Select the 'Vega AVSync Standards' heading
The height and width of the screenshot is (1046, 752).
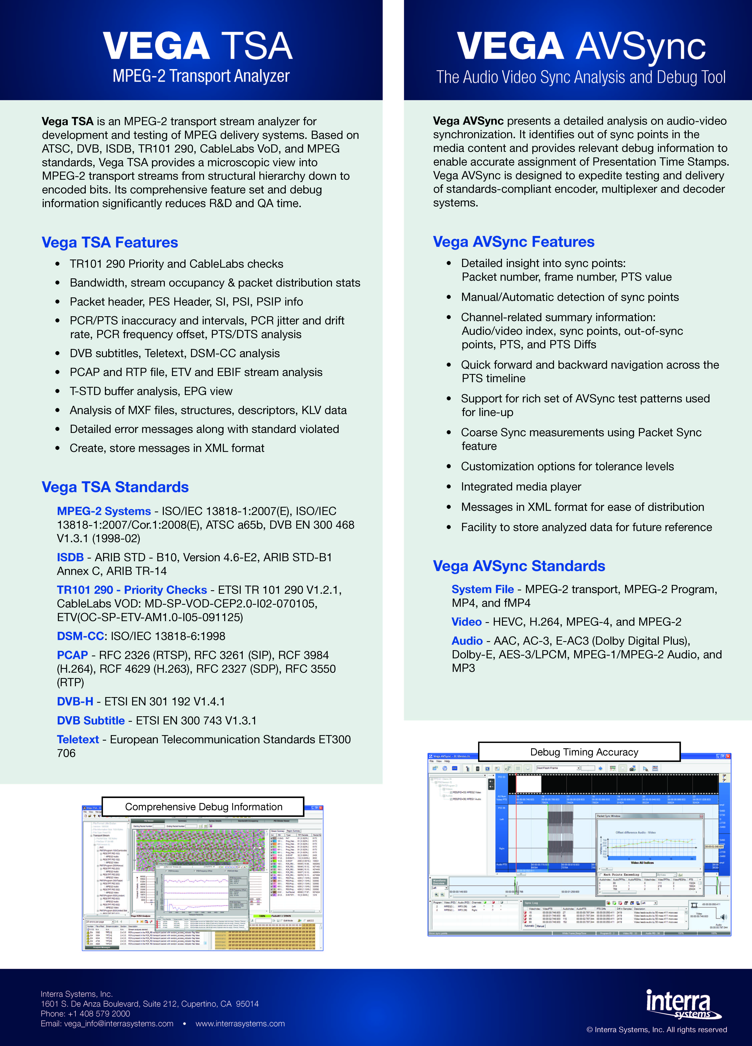pyautogui.click(x=519, y=566)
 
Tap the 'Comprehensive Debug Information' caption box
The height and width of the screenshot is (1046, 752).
pyautogui.click(x=203, y=807)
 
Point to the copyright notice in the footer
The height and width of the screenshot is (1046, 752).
pyautogui.click(x=657, y=1029)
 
